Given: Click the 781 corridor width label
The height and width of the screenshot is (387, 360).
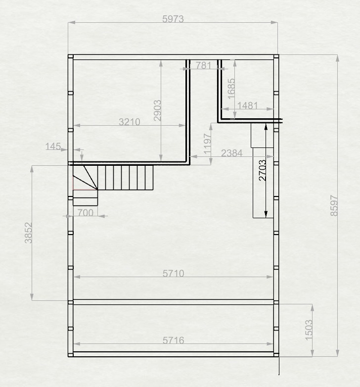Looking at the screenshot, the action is pos(203,66).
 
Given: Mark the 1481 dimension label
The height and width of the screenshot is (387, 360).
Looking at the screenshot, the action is pos(248,105).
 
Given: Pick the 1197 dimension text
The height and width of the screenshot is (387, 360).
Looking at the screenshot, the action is pos(208,144).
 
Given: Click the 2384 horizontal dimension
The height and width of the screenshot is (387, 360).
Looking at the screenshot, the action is pos(232,153).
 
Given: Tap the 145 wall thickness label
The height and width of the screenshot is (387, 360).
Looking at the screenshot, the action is pos(53,146).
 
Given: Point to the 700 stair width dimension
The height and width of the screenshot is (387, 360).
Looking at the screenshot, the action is pos(86,213).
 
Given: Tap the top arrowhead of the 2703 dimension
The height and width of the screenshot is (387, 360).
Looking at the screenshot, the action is pos(266,127).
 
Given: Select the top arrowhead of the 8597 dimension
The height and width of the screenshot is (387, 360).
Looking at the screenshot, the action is pos(338,58).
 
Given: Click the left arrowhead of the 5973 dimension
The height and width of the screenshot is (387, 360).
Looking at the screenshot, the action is pos(72,22).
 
